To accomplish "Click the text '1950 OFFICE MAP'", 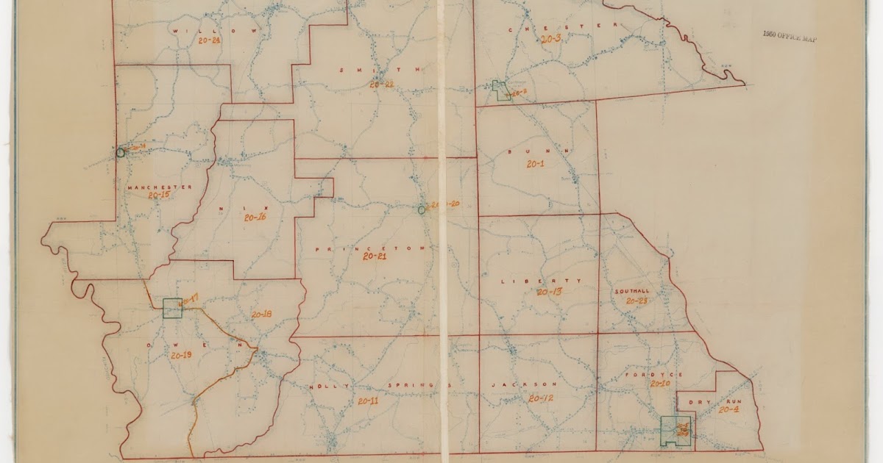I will [790, 36].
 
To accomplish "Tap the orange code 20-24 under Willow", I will [209, 41].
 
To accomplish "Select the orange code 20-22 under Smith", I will [382, 85].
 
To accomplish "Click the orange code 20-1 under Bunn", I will [535, 164].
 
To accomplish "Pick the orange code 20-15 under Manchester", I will [158, 195].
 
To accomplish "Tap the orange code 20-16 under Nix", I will [251, 218].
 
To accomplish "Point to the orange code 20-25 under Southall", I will [636, 301].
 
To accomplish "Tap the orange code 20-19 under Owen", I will [181, 355].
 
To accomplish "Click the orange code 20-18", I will [261, 315].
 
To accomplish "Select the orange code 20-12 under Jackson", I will [541, 398].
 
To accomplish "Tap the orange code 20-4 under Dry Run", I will [728, 409].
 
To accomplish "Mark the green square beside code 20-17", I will [172, 308].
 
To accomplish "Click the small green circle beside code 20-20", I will [422, 209].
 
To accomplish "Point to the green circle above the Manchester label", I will [121, 153].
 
